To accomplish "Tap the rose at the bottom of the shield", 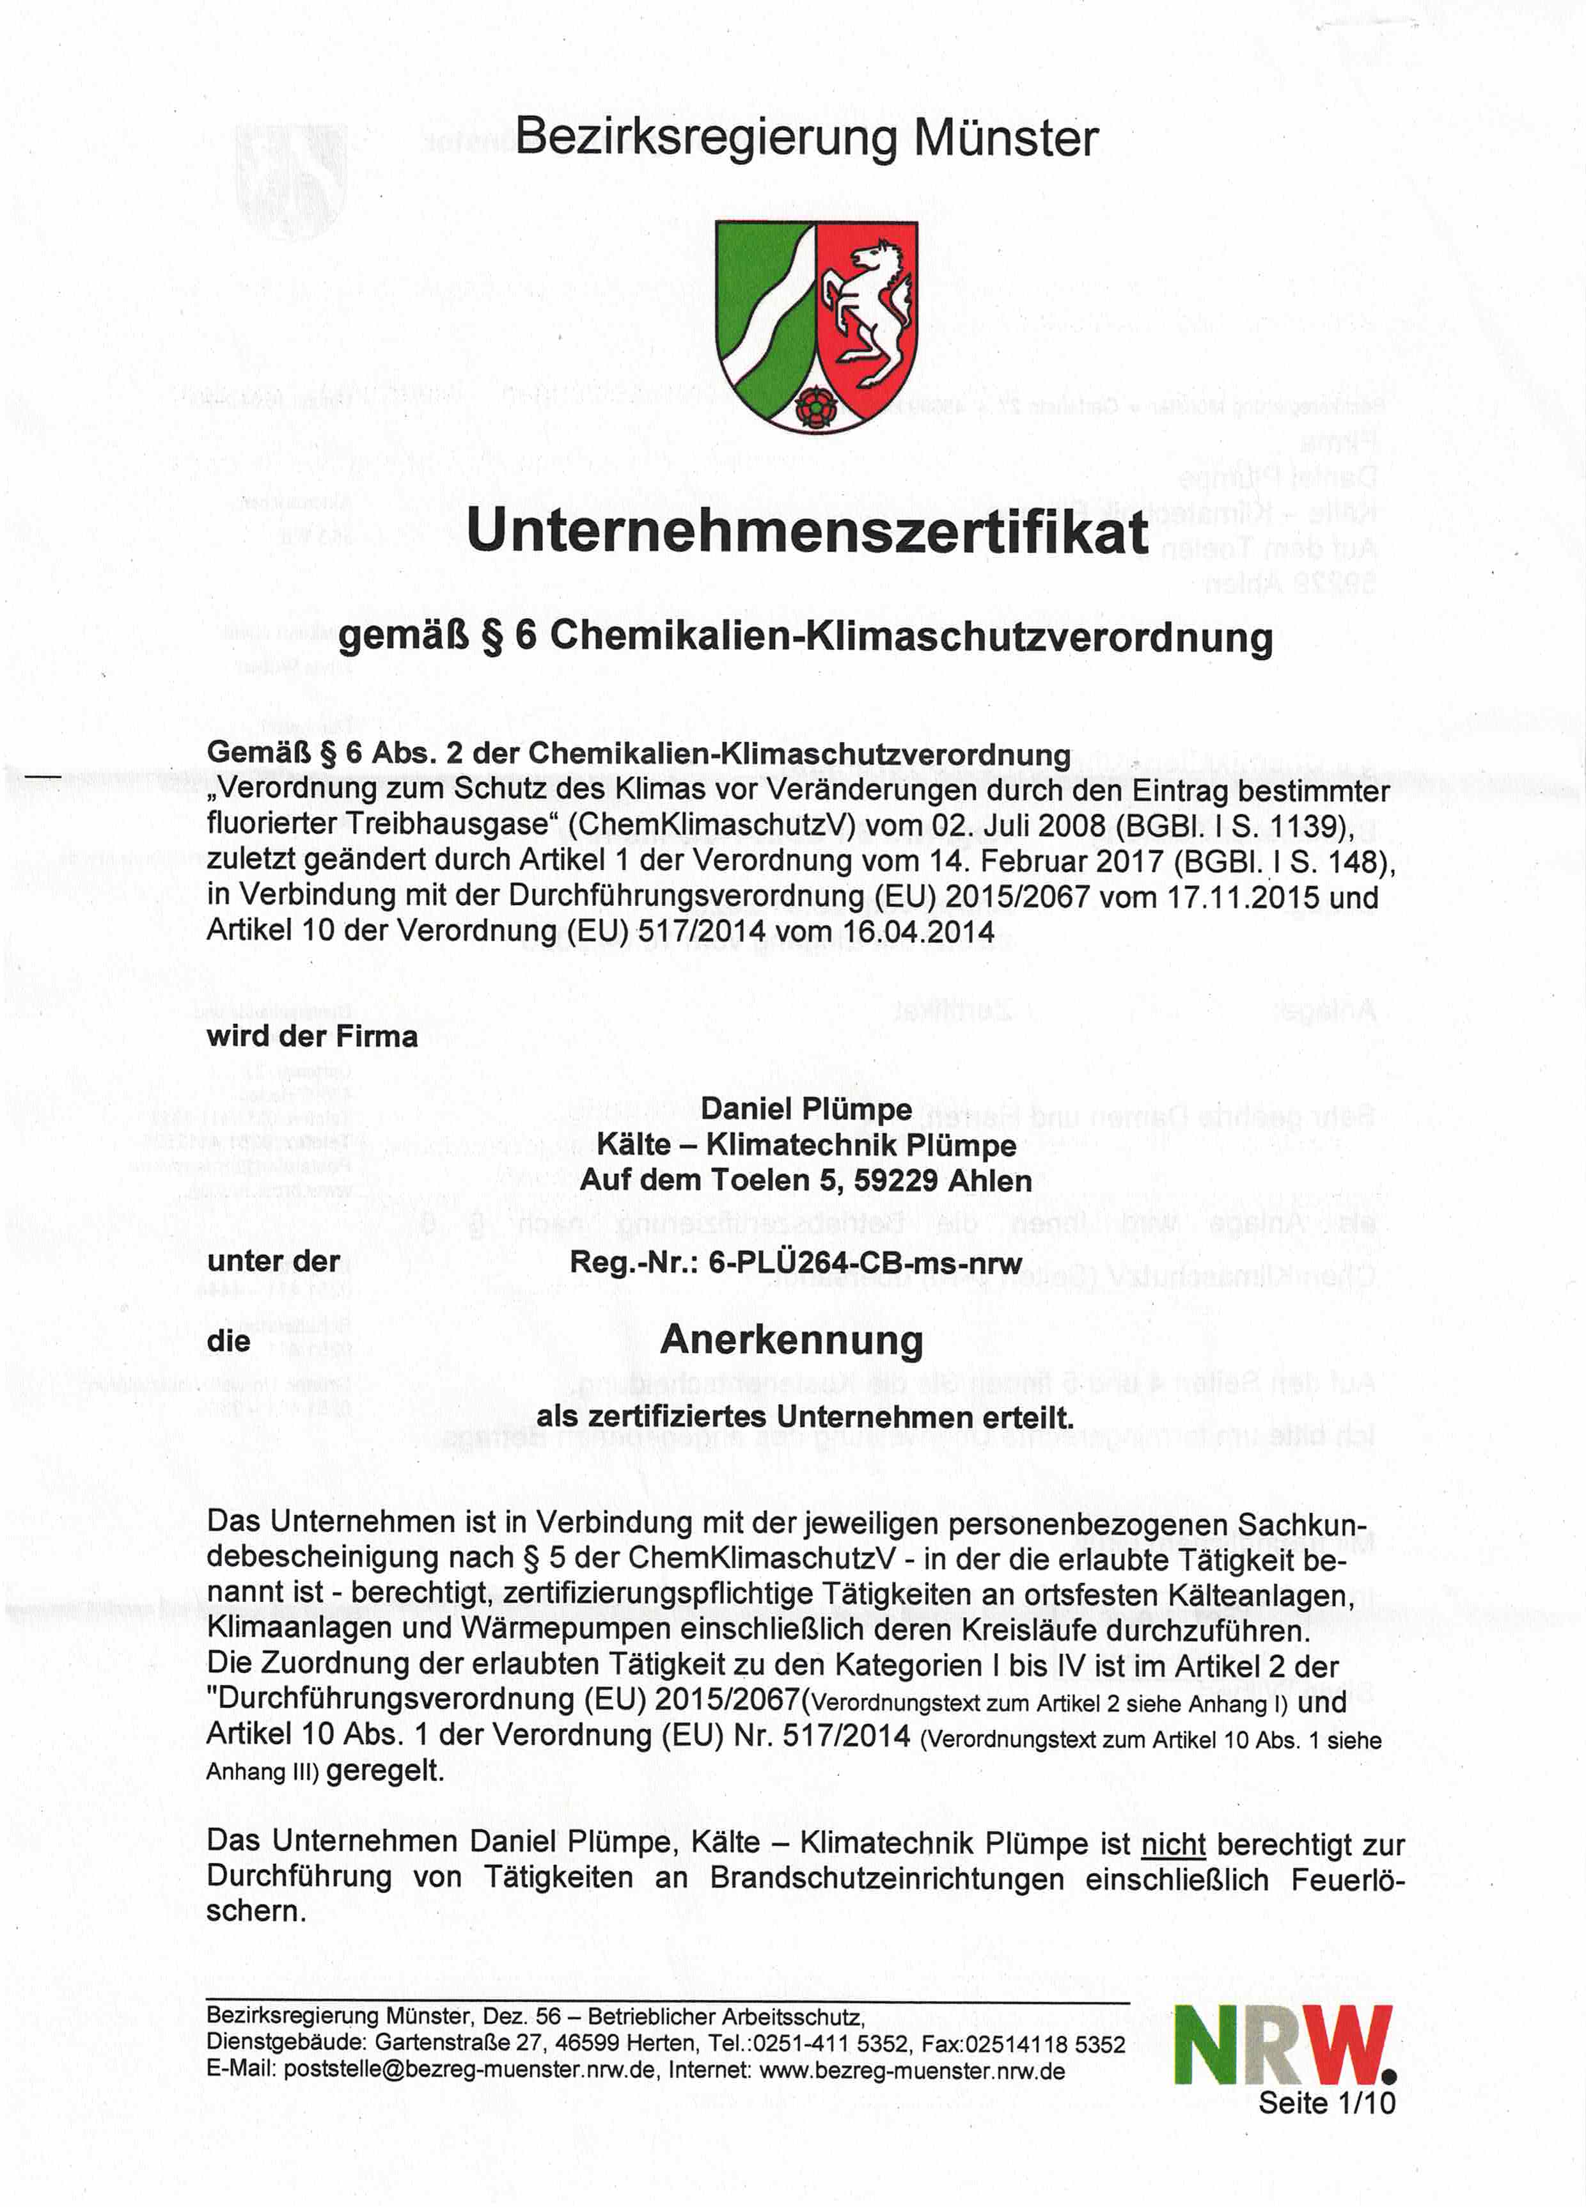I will (x=810, y=407).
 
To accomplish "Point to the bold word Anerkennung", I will (x=791, y=1340).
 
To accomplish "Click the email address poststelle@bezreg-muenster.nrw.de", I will (x=469, y=2071).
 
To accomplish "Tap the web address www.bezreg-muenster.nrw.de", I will (x=912, y=2071).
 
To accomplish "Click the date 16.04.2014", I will (x=918, y=931).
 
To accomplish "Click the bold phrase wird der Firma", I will (x=311, y=1036).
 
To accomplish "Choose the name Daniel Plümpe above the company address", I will (x=806, y=1109).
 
